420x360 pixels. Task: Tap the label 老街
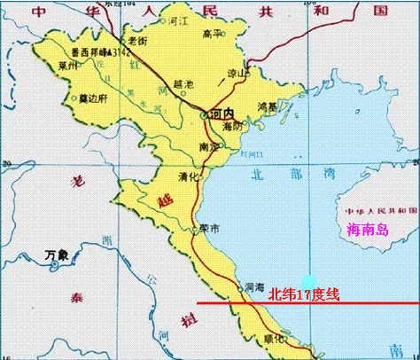click(x=137, y=41)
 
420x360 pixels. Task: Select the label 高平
click(x=209, y=34)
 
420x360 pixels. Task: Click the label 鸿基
click(x=267, y=106)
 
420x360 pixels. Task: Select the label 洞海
click(x=254, y=286)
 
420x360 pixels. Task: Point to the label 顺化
click(x=276, y=338)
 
